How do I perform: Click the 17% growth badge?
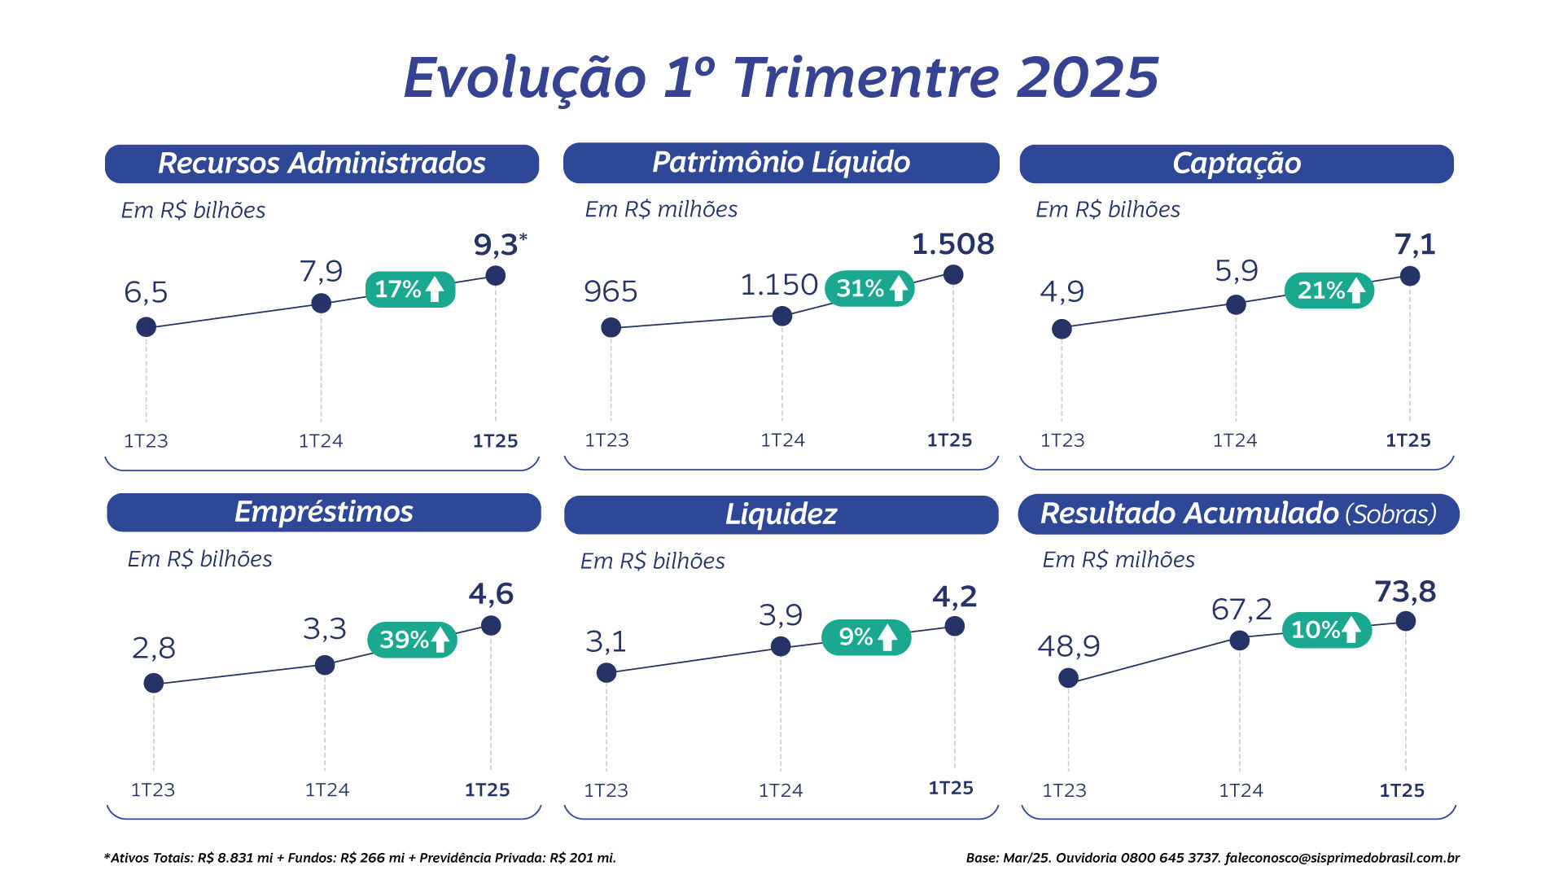click(409, 289)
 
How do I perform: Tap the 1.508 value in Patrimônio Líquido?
click(952, 244)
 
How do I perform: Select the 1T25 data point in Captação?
click(1410, 276)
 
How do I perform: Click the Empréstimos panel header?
click(324, 512)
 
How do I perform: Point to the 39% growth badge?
click(412, 640)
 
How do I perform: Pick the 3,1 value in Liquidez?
click(606, 642)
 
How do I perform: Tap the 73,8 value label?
click(1405, 592)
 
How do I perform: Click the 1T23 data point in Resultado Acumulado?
click(1068, 678)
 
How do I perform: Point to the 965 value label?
click(611, 291)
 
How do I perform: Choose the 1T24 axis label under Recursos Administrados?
click(321, 441)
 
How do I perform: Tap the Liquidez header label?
click(781, 514)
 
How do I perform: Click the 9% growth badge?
click(866, 637)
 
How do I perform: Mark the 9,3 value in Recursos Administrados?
click(496, 245)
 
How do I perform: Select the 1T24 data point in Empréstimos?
click(324, 665)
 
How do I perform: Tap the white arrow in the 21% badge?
click(1356, 291)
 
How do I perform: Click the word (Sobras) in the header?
click(1390, 514)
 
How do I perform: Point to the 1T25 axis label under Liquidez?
click(951, 788)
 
